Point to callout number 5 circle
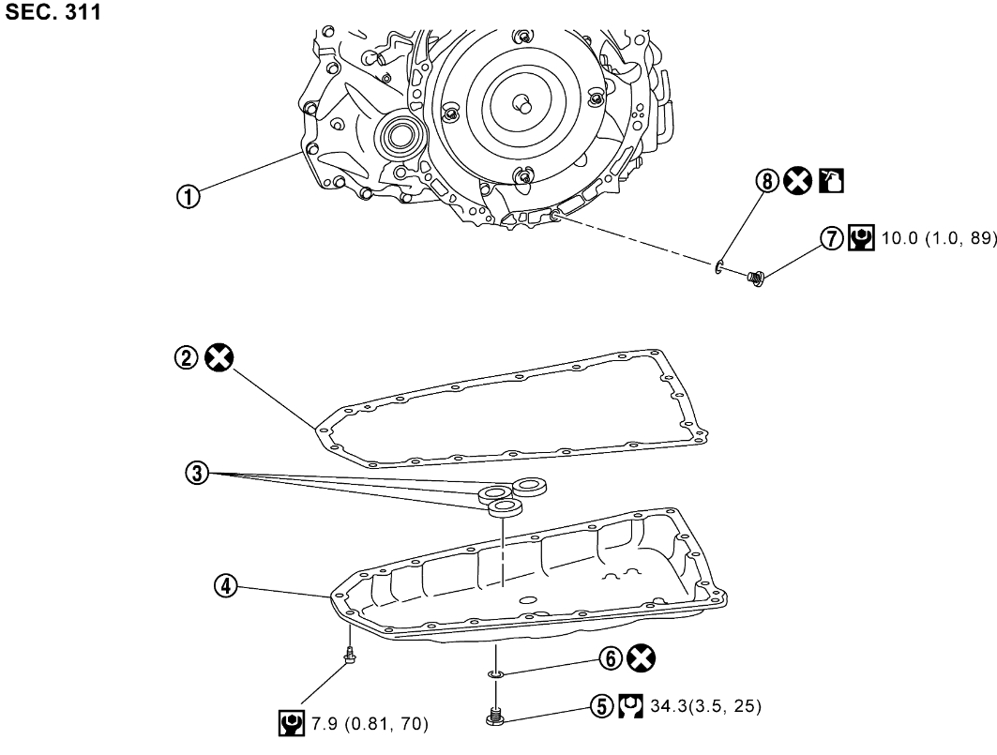[x=602, y=702]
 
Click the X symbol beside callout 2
[x=221, y=356]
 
